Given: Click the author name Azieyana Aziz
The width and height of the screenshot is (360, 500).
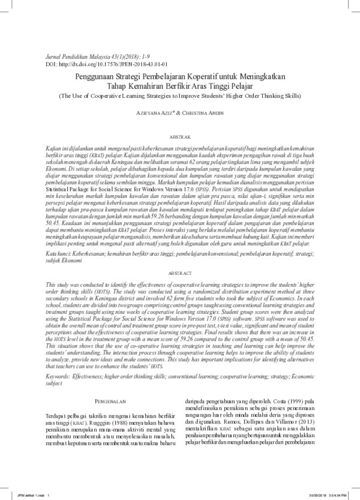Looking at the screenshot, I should point(159,113).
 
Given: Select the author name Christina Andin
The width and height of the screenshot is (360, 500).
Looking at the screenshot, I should point(208,113).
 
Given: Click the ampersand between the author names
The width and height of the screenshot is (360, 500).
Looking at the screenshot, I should point(182,113).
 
